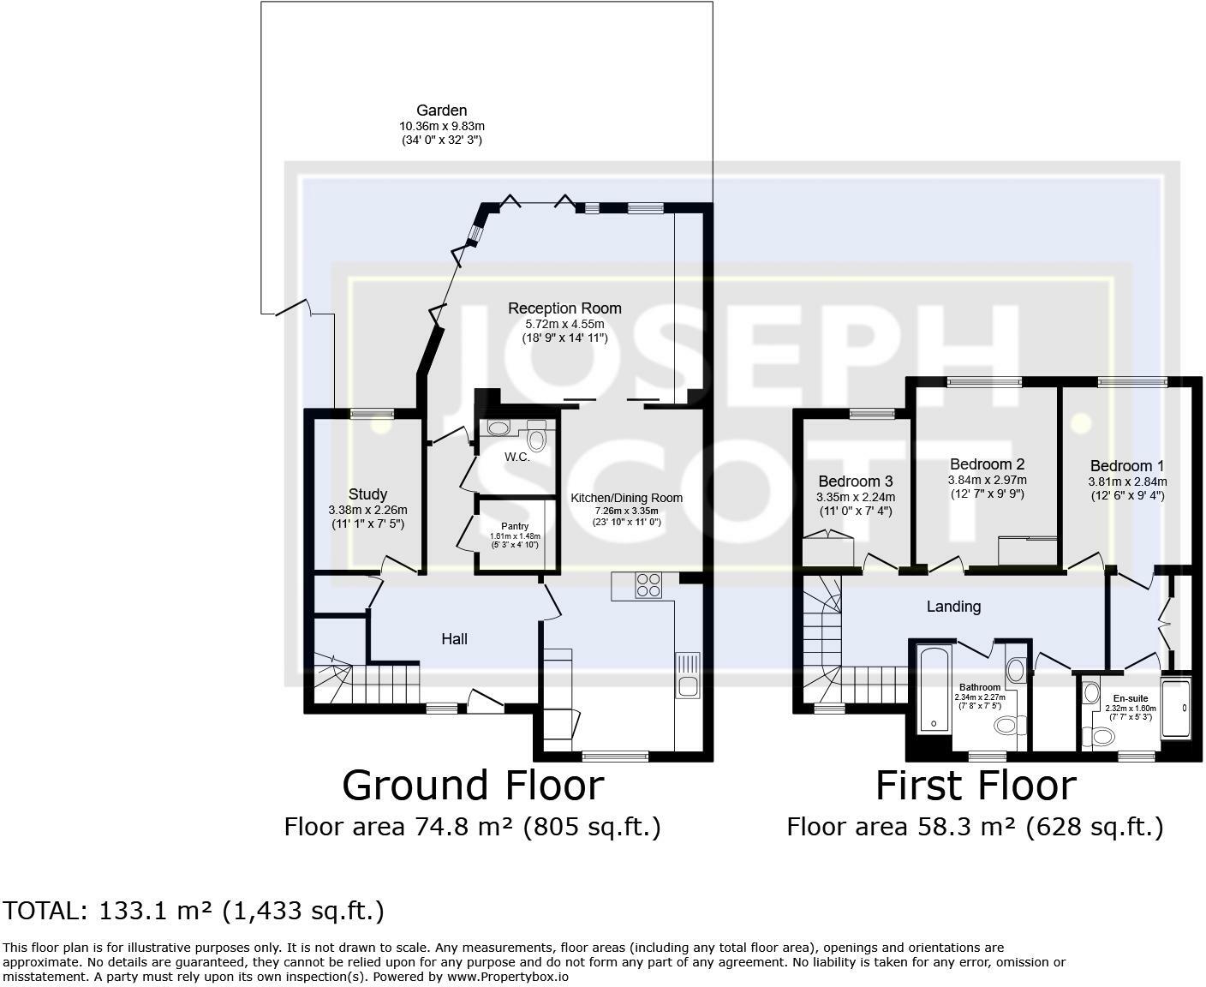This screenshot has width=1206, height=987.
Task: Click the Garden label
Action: [x=441, y=111]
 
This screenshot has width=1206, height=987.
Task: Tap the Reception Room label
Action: [x=564, y=308]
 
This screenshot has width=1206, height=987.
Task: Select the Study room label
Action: [x=367, y=493]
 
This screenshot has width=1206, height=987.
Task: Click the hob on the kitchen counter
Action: [x=648, y=585]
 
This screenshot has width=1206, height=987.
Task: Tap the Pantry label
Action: [x=515, y=526]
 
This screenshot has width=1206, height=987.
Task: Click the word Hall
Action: [x=454, y=638]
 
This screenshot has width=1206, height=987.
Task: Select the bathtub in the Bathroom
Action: [x=934, y=689]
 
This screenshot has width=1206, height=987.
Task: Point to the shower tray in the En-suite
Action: [x=1176, y=709]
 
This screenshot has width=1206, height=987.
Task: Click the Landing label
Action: [x=953, y=607]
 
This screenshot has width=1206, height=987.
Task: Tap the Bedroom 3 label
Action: [x=856, y=482]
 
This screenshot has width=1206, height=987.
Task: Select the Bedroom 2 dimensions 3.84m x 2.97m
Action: [x=987, y=480]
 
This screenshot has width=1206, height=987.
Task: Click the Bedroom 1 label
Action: [x=1127, y=466]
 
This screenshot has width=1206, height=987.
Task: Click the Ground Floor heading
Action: [x=473, y=786]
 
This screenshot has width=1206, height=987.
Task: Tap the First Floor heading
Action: [x=976, y=786]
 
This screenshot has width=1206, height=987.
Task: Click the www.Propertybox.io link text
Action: [x=508, y=977]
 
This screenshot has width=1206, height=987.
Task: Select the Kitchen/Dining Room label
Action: [x=627, y=498]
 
